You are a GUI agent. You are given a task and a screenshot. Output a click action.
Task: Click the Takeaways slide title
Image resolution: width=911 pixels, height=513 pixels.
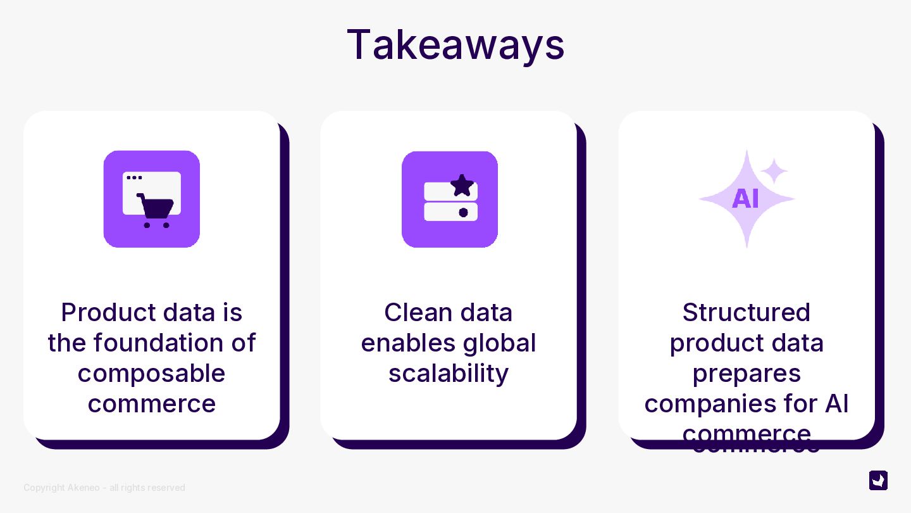coord(455,44)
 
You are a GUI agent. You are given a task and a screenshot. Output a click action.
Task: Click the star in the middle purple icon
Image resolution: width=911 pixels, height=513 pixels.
coord(462,185)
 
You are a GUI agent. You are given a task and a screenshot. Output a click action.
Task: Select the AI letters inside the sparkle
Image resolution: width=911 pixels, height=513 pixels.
coord(745,199)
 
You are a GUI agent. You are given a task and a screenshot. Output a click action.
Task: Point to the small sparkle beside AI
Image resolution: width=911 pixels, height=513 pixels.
coord(774,171)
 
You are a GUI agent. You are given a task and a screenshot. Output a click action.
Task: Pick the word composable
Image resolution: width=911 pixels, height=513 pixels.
coord(151,373)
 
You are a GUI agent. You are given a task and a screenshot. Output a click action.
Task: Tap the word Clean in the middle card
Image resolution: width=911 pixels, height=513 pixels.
coord(414,312)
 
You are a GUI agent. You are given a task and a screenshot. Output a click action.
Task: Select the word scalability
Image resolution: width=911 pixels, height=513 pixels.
coord(449,373)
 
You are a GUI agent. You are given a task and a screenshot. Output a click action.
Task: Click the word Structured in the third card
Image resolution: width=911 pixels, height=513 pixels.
coord(747,312)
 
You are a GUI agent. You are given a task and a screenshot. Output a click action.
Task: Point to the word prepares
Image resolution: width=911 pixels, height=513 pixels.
coord(747,373)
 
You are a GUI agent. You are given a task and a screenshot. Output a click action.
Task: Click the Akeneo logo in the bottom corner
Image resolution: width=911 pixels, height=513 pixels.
coord(878,480)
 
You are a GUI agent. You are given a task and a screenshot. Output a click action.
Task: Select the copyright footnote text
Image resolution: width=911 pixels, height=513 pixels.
coord(104,488)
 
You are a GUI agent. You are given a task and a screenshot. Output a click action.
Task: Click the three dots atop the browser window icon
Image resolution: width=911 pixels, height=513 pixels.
coord(134,177)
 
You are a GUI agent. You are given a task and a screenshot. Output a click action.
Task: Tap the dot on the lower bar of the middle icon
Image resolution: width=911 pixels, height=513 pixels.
coord(463,212)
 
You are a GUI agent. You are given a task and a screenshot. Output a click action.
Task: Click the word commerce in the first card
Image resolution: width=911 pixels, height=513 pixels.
coord(152,403)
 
